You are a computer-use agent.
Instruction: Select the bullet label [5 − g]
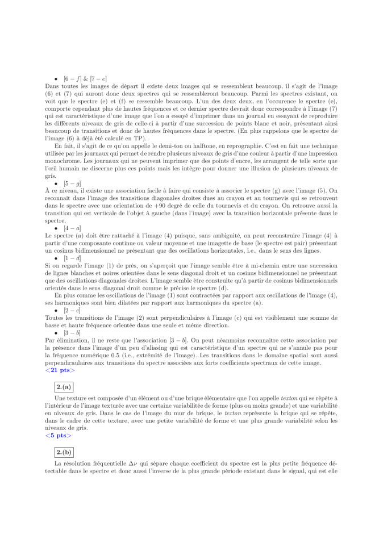pyautogui.click(x=73, y=183)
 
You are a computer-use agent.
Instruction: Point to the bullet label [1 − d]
pyautogui.click(x=73, y=258)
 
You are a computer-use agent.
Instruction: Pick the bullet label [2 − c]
pyautogui.click(x=73, y=311)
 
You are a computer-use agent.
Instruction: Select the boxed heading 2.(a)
pyautogui.click(x=63, y=387)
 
